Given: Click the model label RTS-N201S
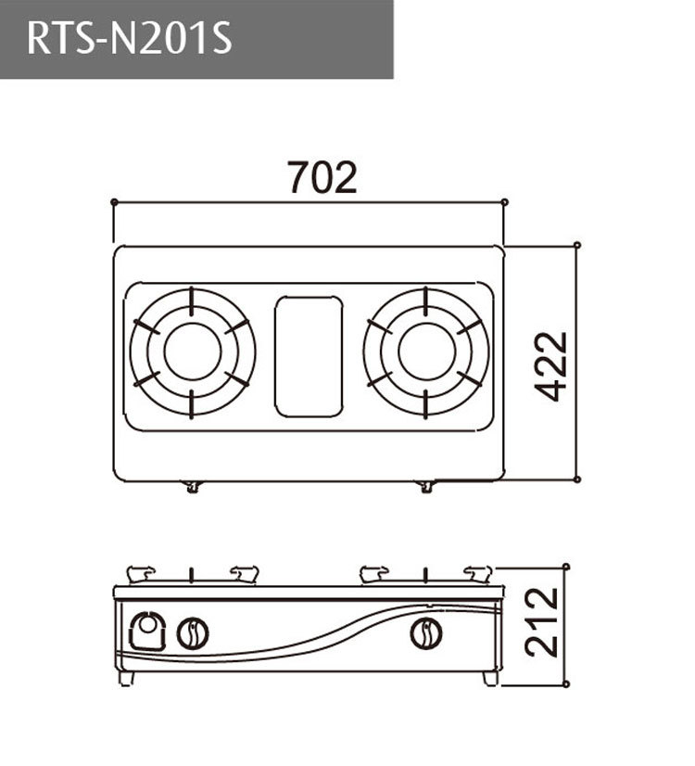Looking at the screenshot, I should tap(130, 39).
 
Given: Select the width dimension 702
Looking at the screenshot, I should tap(322, 177).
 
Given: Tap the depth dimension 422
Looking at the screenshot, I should tap(554, 365).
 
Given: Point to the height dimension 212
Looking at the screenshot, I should tap(543, 622).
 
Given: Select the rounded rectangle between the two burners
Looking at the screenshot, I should tap(309, 355).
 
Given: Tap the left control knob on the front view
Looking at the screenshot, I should tap(193, 633).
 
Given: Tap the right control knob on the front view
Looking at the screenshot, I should tap(425, 633).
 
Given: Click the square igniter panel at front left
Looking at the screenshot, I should tap(146, 632).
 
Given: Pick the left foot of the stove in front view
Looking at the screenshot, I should tap(127, 678).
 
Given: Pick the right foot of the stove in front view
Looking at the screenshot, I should tap(490, 678).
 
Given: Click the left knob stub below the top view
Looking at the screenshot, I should tap(192, 486).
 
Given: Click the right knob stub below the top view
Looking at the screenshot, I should tap(425, 486).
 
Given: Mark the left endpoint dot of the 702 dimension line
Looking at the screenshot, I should tap(113, 201).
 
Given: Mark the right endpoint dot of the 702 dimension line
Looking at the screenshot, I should tap(504, 201).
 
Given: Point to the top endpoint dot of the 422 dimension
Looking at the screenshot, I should tap(577, 245).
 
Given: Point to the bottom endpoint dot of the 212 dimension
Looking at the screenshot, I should tap(566, 684).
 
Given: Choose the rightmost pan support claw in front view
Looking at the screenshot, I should tap(478, 574).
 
